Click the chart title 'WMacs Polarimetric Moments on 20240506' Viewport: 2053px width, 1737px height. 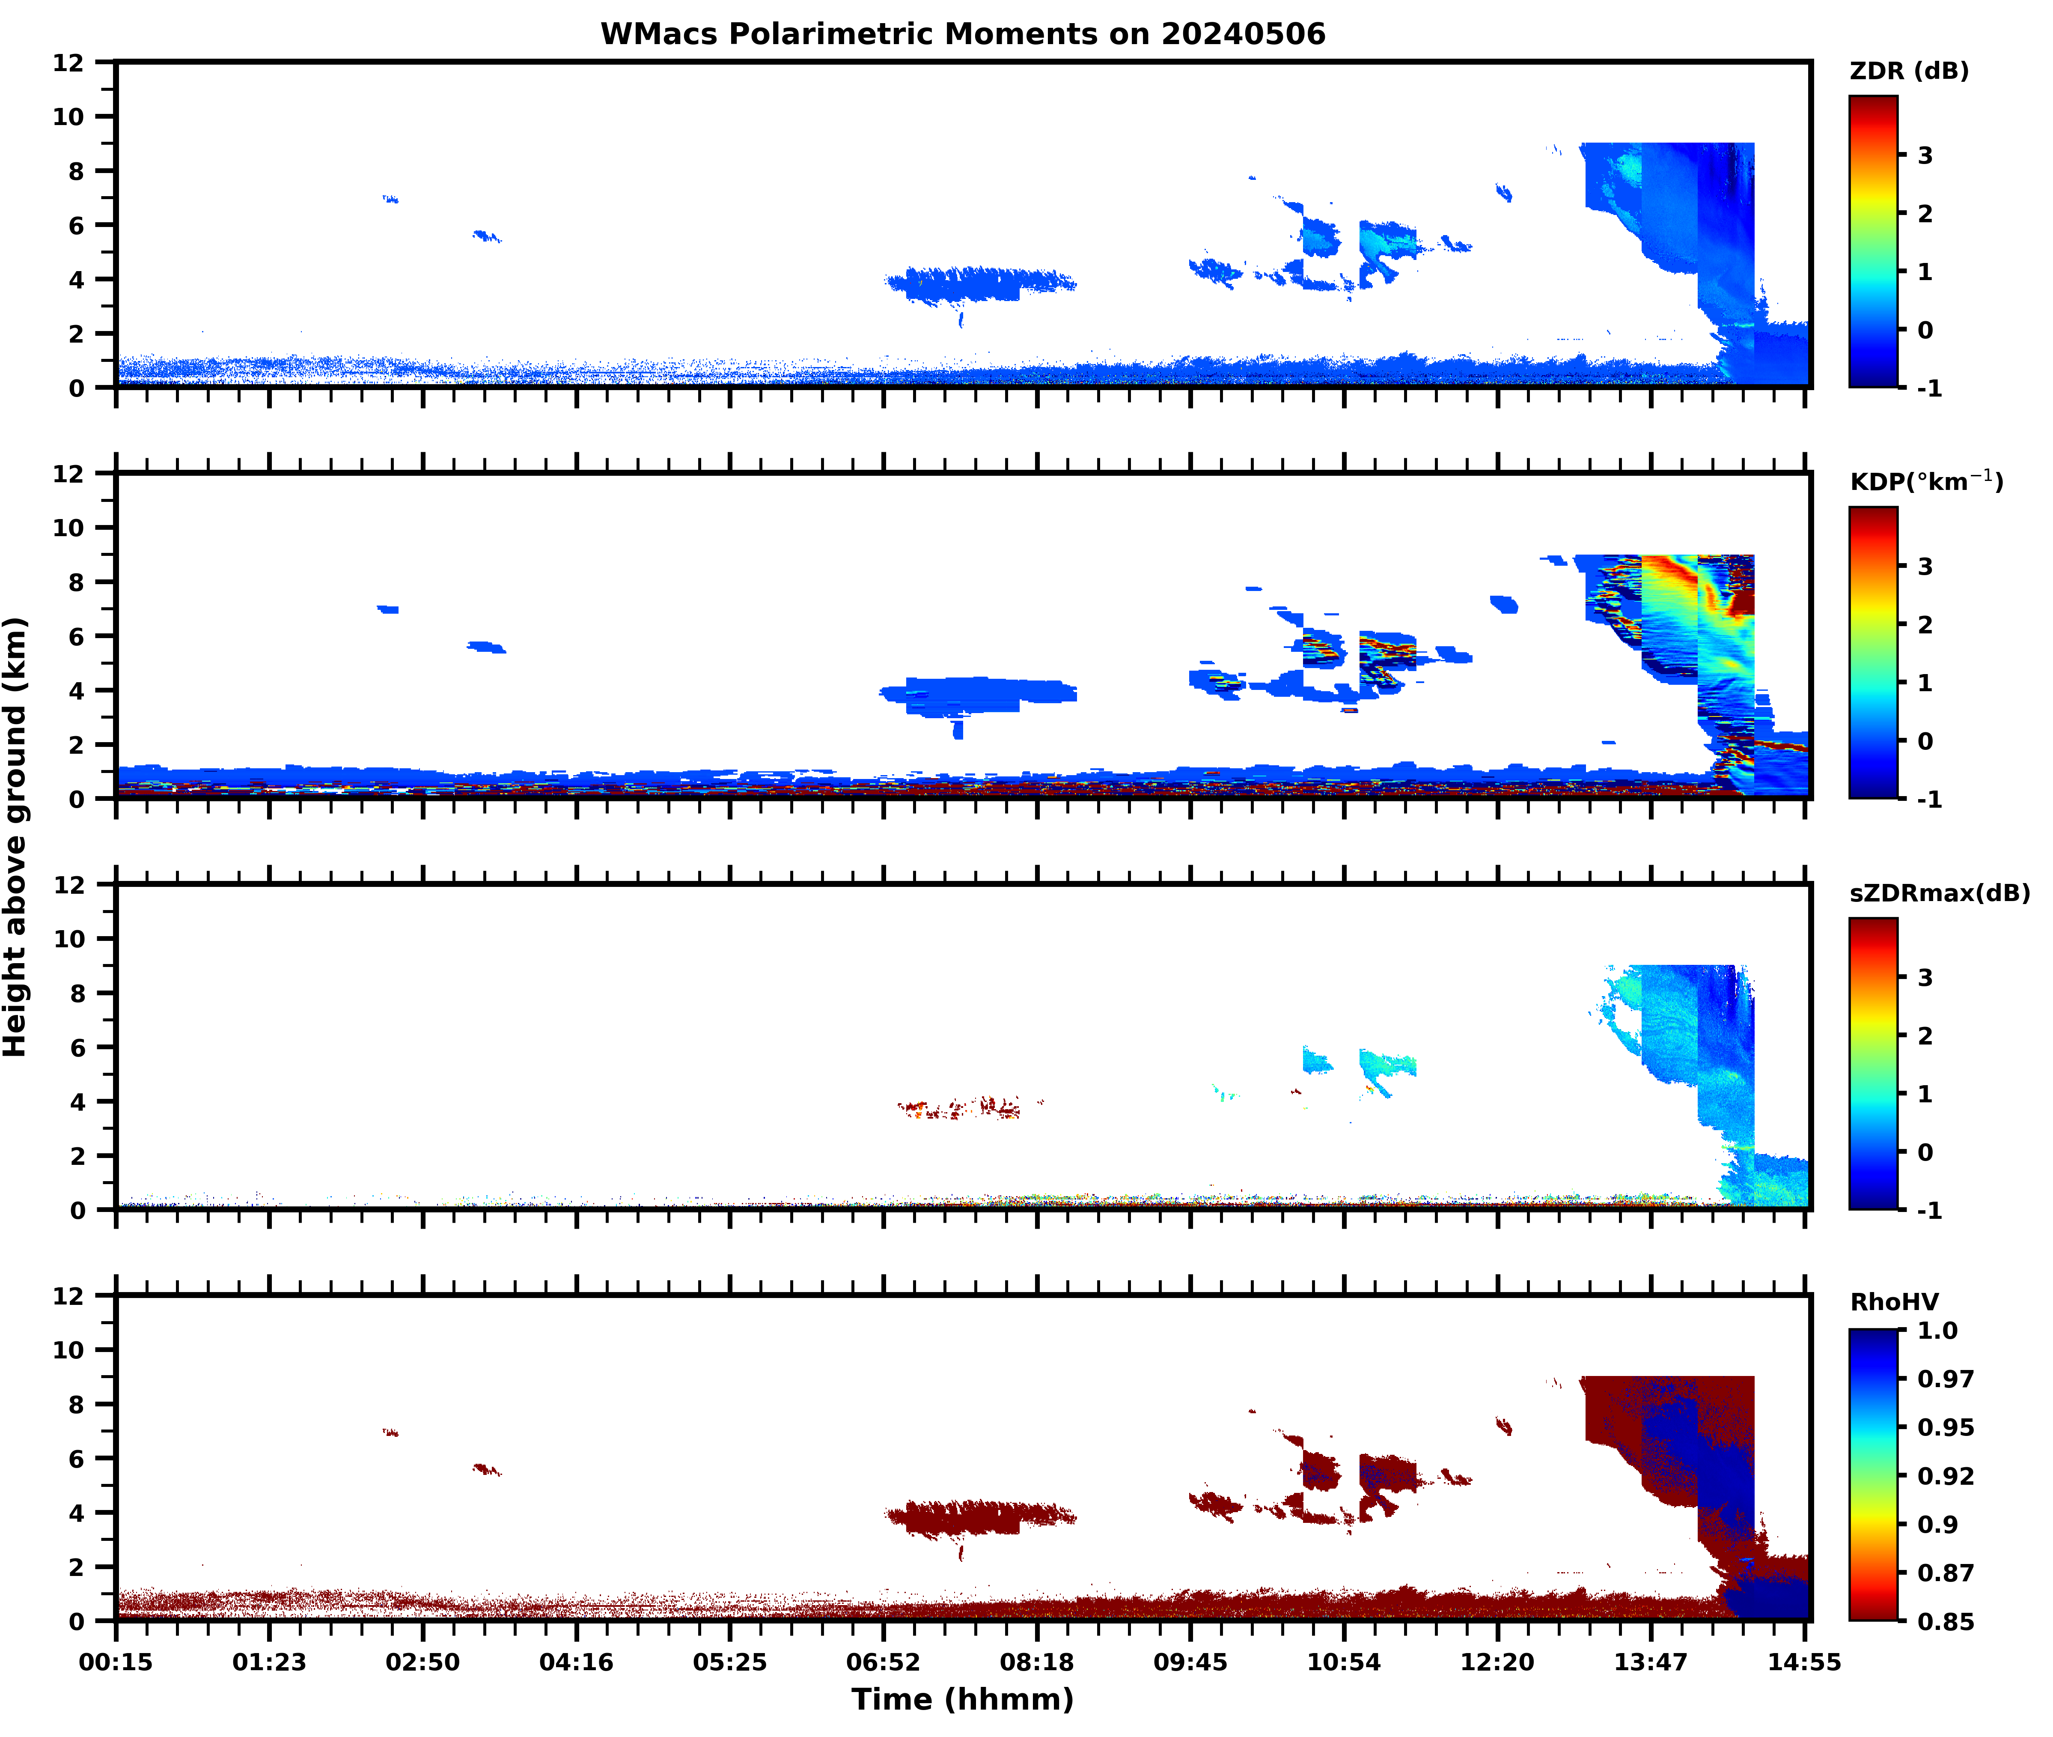[x=963, y=34]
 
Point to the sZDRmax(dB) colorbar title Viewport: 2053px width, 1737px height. [x=1939, y=893]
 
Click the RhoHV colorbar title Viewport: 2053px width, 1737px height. [x=1894, y=1302]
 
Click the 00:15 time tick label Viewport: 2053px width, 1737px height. [x=116, y=1662]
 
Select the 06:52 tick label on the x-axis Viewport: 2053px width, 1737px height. [x=883, y=1662]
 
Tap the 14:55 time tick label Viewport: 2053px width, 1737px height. [x=1804, y=1662]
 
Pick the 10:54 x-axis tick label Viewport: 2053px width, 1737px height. [x=1343, y=1662]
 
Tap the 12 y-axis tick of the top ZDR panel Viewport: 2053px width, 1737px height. [x=69, y=63]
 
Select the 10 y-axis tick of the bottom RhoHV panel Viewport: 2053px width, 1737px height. [x=69, y=1350]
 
